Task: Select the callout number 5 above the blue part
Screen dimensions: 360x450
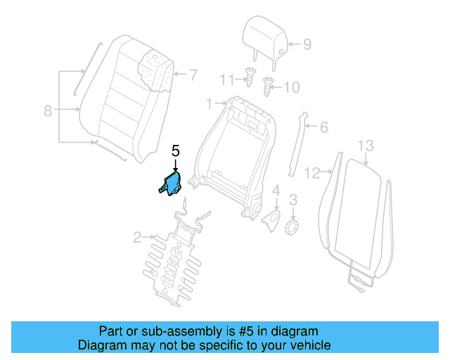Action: pyautogui.click(x=176, y=150)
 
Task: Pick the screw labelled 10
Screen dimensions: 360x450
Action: pyautogui.click(x=267, y=86)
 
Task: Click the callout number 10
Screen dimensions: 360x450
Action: pyautogui.click(x=291, y=87)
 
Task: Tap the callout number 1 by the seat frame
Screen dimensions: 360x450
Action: pyautogui.click(x=208, y=104)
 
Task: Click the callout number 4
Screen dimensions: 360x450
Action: pyautogui.click(x=276, y=190)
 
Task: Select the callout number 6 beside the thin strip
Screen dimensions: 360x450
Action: pyautogui.click(x=323, y=128)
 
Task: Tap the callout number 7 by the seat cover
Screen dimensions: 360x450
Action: pyautogui.click(x=194, y=73)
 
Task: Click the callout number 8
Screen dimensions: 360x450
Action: pyautogui.click(x=48, y=110)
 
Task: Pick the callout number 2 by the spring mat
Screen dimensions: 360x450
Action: pyautogui.click(x=138, y=237)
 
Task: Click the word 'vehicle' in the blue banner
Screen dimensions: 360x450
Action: pyautogui.click(x=307, y=345)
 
